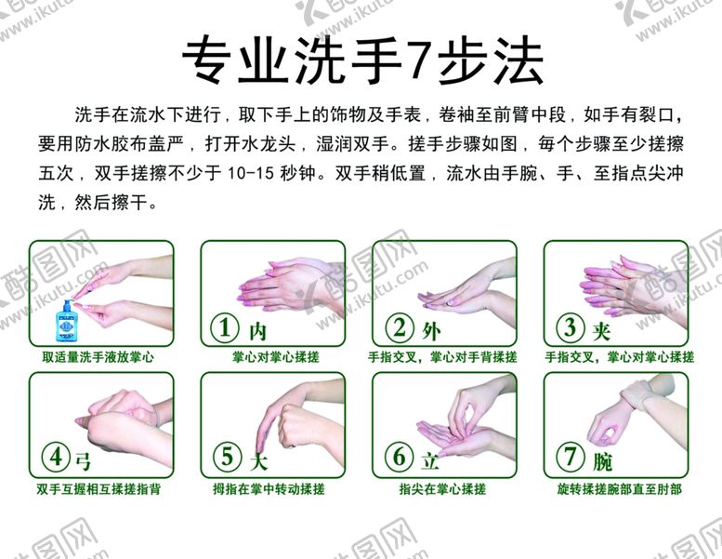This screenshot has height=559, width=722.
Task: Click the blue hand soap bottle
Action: (67, 321)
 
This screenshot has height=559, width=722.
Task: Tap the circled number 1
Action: (225, 327)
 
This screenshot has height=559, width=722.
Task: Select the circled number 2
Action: (400, 327)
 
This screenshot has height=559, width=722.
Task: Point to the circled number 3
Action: (571, 327)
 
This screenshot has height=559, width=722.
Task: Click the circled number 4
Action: (56, 458)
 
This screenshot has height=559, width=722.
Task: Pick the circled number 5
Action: (228, 458)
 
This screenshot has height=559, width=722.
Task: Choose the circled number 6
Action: (400, 458)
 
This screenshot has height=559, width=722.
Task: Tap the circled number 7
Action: (571, 458)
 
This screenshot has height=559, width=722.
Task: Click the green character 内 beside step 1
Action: (258, 331)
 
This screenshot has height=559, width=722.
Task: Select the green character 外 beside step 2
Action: (431, 331)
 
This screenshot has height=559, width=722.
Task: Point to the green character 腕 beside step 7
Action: (602, 461)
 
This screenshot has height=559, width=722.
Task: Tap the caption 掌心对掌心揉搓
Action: (275, 357)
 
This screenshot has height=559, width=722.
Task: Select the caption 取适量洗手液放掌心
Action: (98, 357)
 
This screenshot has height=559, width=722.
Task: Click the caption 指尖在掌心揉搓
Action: (442, 488)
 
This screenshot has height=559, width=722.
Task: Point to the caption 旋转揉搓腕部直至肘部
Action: (619, 488)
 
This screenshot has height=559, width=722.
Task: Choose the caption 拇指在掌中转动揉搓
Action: (269, 488)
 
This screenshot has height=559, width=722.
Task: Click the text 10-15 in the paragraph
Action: (251, 174)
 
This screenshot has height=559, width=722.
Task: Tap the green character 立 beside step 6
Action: (430, 461)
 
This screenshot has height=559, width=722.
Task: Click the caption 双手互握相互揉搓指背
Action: (98, 488)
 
